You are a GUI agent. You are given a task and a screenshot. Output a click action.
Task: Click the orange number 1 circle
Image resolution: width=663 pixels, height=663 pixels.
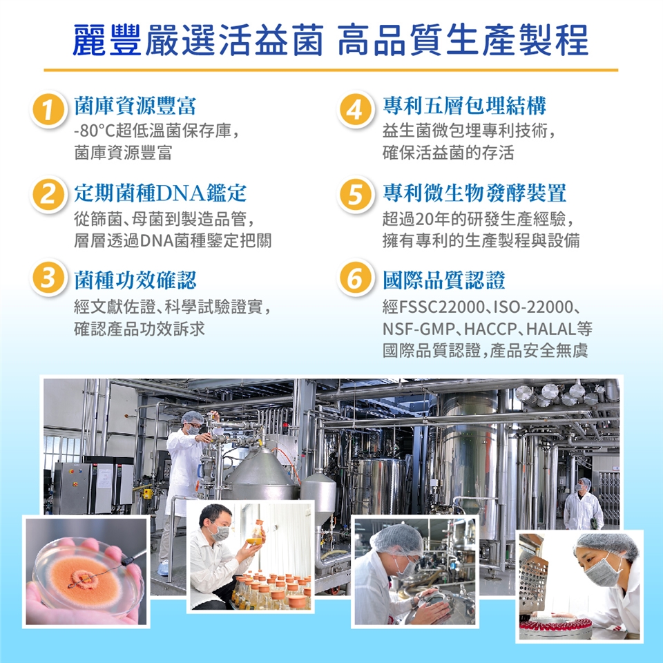(x=48, y=110)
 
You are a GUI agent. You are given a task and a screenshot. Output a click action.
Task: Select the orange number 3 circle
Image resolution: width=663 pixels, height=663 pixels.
(x=48, y=278)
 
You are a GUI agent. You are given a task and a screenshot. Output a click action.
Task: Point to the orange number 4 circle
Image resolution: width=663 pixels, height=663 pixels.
(x=356, y=110)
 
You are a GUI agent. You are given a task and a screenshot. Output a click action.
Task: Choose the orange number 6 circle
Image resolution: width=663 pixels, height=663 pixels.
(x=356, y=278)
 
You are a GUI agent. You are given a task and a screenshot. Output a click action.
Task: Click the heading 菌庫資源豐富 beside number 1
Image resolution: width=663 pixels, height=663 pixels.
(x=135, y=106)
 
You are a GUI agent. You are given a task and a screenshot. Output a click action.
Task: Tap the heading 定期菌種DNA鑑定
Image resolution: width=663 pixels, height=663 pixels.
(x=160, y=193)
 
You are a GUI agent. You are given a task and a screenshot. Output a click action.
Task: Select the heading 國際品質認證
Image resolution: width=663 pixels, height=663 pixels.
(x=443, y=280)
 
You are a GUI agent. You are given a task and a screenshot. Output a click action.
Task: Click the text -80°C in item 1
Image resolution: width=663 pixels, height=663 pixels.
(x=95, y=131)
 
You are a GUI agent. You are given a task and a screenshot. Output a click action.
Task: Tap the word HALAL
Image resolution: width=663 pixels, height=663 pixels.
(x=551, y=329)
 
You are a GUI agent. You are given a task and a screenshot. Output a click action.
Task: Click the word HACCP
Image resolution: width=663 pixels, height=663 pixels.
(x=490, y=329)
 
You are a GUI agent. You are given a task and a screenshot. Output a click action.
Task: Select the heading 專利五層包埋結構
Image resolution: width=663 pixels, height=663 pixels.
(x=464, y=106)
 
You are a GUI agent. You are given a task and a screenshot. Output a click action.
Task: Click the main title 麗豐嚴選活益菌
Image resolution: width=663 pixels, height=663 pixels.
(x=198, y=41)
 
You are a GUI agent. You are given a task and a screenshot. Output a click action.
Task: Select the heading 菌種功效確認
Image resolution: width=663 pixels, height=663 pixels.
(x=135, y=280)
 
